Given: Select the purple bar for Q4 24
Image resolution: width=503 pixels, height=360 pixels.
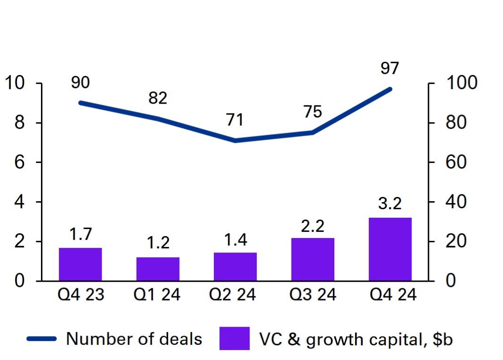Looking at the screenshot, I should (390, 249).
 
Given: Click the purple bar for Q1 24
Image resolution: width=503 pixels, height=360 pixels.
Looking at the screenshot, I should (158, 269).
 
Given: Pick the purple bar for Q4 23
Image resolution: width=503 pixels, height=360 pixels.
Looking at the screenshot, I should (81, 264).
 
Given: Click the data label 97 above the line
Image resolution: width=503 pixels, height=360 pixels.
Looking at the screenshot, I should (390, 68).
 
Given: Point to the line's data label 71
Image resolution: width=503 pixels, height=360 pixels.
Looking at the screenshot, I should (235, 120).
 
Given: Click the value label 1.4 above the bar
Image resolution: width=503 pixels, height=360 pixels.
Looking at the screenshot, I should (235, 241).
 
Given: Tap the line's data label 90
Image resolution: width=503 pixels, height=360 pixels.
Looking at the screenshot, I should (81, 82).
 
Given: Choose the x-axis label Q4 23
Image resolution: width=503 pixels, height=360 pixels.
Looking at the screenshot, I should (81, 295).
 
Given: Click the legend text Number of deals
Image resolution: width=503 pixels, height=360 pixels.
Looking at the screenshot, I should (134, 339).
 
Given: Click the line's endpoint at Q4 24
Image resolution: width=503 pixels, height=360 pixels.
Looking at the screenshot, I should (390, 89).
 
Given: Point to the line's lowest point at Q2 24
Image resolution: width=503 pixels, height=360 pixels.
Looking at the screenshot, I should (235, 140).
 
